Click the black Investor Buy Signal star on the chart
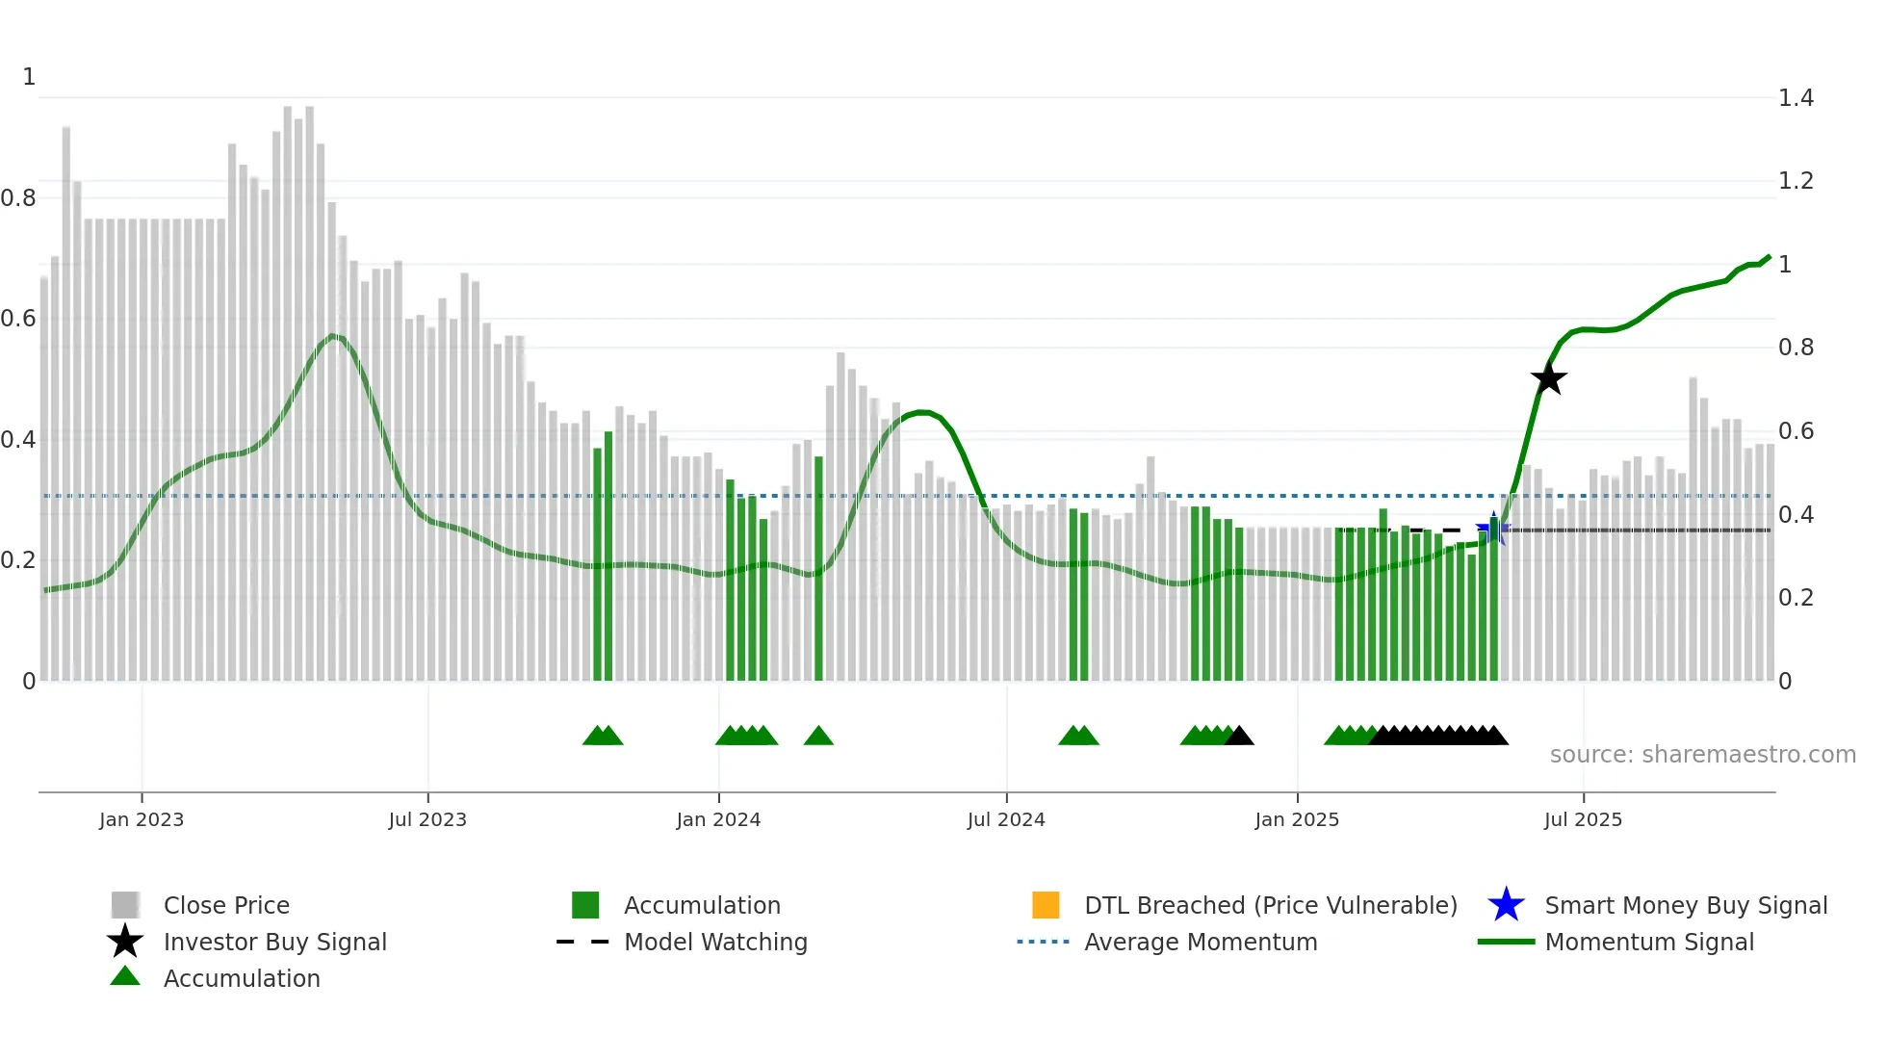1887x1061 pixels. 1548,378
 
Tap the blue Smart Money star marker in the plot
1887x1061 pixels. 1493,528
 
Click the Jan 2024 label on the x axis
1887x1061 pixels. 718,819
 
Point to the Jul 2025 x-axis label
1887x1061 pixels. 1583,819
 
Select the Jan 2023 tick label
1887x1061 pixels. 142,819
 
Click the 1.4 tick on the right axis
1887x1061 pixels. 1796,98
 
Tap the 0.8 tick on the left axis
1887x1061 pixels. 18,198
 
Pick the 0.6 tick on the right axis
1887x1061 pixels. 1796,431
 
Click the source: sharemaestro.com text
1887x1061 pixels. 1702,755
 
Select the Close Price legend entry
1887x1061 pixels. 226,905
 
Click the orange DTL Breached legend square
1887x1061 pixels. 1046,905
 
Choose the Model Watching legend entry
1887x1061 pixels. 715,942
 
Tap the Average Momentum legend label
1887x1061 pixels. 1201,942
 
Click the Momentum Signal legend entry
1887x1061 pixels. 1649,942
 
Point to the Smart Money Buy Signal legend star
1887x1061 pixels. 1506,905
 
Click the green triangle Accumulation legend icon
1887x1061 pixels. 125,976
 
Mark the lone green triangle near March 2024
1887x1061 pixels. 818,737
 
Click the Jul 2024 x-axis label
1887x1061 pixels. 1006,819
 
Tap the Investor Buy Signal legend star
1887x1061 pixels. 125,942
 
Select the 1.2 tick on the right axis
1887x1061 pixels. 1796,181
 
